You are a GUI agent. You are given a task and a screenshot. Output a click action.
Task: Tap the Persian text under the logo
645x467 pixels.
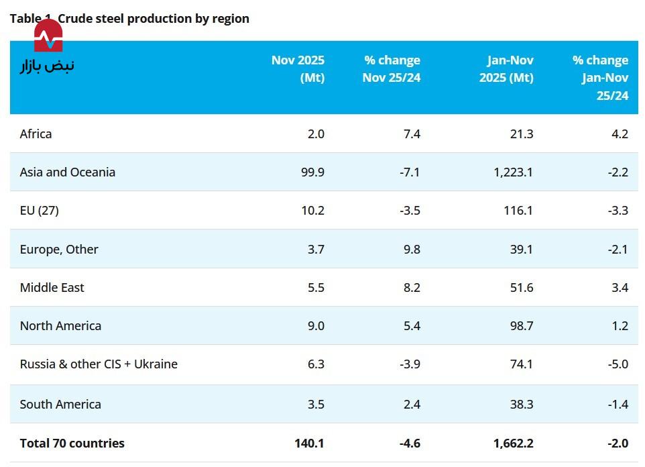click(47, 66)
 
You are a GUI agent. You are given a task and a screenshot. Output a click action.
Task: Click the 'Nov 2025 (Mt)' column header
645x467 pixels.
click(298, 68)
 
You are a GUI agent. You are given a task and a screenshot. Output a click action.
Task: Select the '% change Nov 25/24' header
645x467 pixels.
click(392, 68)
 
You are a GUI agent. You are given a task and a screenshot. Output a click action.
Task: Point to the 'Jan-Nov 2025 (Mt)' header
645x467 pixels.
click(506, 68)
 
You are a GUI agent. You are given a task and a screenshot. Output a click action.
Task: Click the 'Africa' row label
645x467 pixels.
click(36, 134)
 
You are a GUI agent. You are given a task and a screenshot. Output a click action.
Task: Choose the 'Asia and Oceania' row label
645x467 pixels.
click(67, 172)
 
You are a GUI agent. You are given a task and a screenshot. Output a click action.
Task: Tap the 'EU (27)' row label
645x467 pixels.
click(39, 210)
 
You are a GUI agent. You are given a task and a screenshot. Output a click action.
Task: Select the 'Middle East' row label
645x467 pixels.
click(52, 287)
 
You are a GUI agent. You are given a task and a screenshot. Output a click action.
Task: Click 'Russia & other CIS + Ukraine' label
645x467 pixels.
click(99, 364)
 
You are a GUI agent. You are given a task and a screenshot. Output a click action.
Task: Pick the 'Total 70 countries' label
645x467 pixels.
click(72, 443)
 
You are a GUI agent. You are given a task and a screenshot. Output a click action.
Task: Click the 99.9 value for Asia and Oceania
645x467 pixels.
click(313, 172)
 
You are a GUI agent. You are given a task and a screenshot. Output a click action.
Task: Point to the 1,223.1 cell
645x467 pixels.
click(513, 172)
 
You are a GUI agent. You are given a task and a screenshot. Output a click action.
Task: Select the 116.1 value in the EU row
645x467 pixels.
click(520, 210)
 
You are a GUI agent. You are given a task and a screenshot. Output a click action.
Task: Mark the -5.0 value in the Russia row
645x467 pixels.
click(617, 364)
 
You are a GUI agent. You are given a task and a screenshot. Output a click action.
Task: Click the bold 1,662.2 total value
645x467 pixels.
click(512, 443)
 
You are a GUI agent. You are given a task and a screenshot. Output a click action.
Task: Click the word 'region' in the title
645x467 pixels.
click(231, 19)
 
